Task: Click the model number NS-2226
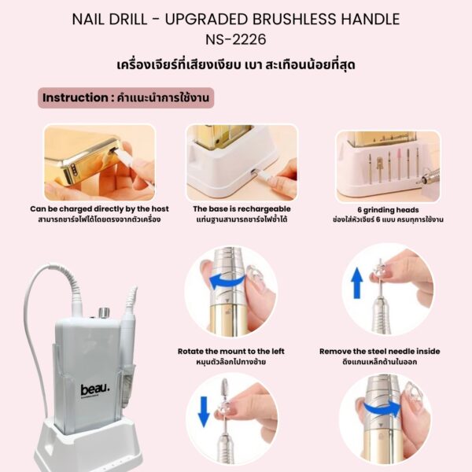[x=236, y=39]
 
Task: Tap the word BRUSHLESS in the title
[x=294, y=19]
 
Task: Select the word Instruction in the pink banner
[x=75, y=98]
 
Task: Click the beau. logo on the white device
[x=94, y=391]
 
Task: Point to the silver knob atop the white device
[x=104, y=313]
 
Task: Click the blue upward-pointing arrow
[x=356, y=283]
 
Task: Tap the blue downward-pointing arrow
[x=204, y=411]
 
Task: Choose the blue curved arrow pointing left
[x=227, y=282]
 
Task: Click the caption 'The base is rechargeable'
[x=242, y=209]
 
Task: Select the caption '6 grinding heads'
[x=388, y=210]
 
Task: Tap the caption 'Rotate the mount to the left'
[x=230, y=352]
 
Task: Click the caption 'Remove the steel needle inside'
[x=380, y=352]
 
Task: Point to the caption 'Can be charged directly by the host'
[x=99, y=209]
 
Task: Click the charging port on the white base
[x=253, y=171]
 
